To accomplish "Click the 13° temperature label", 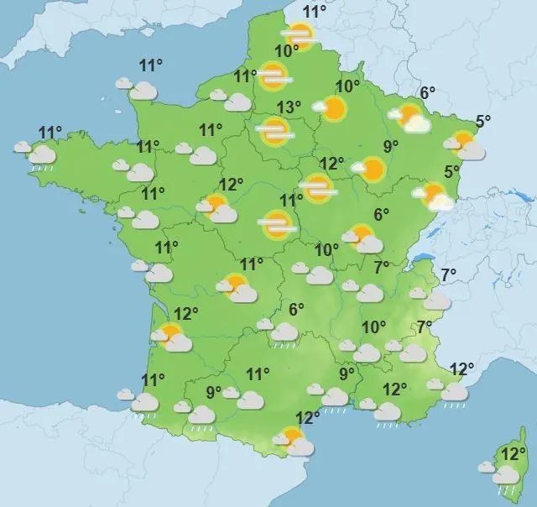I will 289,107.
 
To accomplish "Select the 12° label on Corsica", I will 508,454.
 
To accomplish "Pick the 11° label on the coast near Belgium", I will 315,12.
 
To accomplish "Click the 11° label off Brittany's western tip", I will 50,133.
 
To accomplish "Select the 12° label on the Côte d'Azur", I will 462,368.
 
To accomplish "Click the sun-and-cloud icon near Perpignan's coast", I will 293,440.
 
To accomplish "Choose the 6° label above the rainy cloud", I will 295,310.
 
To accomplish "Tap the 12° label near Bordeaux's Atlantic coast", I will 185,313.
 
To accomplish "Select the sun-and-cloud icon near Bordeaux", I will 171,337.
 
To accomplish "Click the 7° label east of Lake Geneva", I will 448,274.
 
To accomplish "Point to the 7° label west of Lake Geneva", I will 382,268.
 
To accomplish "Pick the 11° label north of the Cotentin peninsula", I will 150,66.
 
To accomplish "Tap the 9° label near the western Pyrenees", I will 214,390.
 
